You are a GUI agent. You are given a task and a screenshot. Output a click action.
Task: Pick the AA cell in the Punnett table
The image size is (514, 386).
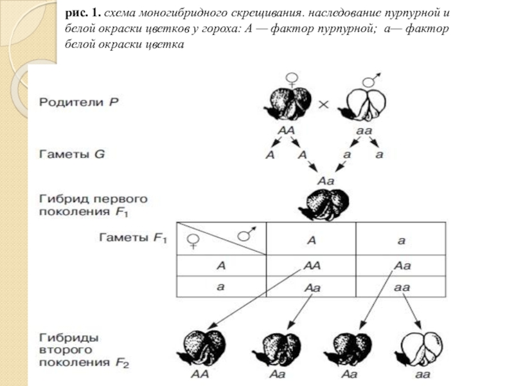(x=311, y=265)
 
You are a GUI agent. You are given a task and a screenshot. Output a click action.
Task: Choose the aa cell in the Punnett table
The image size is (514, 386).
(x=401, y=287)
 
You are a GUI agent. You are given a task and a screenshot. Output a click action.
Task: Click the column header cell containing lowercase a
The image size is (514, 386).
(x=401, y=240)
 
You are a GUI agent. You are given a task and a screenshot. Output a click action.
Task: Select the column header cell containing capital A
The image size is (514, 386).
(x=311, y=240)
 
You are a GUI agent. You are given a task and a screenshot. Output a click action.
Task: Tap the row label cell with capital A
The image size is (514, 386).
(x=220, y=265)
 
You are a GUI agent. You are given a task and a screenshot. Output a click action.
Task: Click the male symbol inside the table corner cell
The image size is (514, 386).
(x=245, y=233)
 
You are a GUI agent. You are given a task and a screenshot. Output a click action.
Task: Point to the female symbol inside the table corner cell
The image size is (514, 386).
(x=192, y=243)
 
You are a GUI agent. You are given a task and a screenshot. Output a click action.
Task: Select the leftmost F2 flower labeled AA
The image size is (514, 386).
(x=202, y=348)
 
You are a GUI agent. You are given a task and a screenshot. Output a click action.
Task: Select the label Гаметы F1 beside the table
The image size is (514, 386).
(x=132, y=238)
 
